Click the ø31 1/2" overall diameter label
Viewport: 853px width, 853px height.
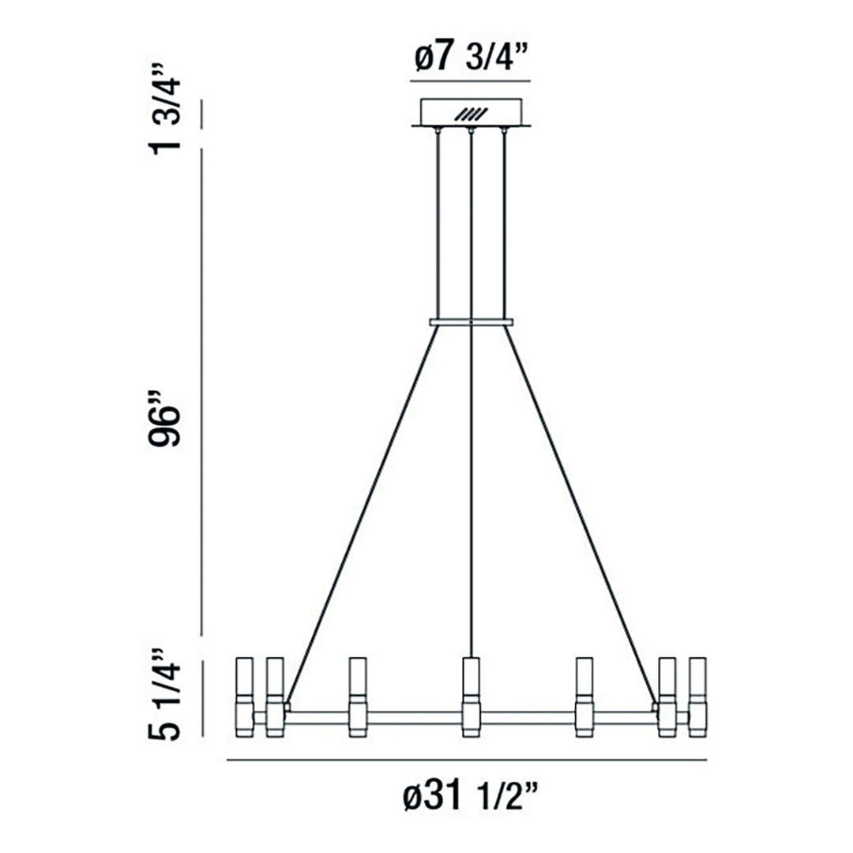coord(471,799)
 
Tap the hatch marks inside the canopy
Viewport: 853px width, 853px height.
coord(471,114)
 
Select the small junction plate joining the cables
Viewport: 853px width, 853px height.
coord(471,322)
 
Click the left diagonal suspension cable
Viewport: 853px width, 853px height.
coord(363,513)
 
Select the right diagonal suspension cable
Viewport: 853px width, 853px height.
coord(579,513)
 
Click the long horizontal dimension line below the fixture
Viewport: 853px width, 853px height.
coord(466,761)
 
